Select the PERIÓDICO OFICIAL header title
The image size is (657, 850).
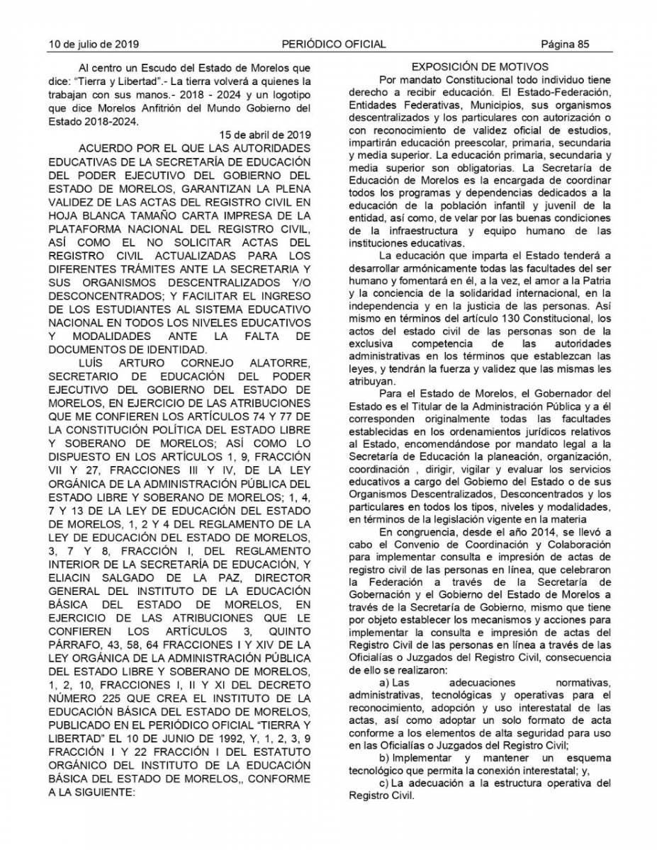(333, 44)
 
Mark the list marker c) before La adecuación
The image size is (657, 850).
(386, 783)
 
